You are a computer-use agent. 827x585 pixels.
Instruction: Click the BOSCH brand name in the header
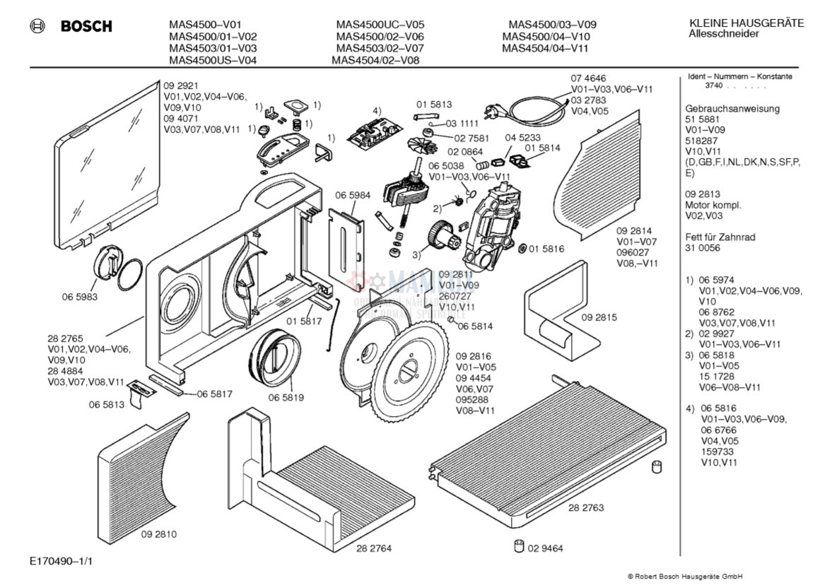coord(86,26)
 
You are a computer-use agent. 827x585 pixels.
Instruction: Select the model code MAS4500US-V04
coord(213,60)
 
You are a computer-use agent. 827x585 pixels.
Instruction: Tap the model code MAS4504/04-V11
coord(545,49)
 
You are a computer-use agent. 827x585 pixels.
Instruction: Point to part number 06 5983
coord(79,297)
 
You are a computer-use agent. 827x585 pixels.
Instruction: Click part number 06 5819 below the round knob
coord(286,398)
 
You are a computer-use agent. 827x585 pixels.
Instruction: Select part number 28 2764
coord(374,548)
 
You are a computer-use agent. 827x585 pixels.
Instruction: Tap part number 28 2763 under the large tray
coord(586,507)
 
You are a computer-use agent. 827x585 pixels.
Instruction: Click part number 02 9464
coord(544,548)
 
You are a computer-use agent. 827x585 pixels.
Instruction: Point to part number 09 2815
coord(599,317)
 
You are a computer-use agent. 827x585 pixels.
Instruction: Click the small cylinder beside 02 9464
coord(520,545)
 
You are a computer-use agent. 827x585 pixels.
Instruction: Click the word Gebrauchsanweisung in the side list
coord(732,109)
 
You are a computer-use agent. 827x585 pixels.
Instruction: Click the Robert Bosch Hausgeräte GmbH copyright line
coord(685,576)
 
